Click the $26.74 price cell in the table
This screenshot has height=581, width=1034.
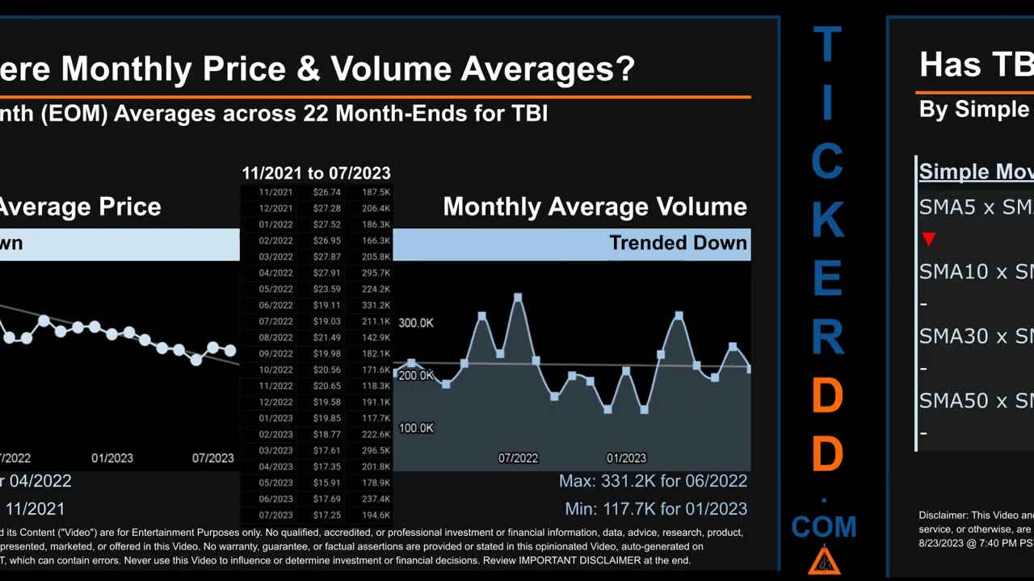pyautogui.click(x=327, y=192)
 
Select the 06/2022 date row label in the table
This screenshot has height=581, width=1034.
pyautogui.click(x=275, y=305)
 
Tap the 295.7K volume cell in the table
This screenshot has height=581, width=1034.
pyautogui.click(x=376, y=273)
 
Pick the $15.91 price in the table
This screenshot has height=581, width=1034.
pyautogui.click(x=327, y=483)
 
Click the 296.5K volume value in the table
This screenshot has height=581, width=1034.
pyautogui.click(x=376, y=450)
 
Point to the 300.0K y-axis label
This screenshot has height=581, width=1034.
pyautogui.click(x=416, y=323)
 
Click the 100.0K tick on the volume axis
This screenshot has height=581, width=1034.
pyautogui.click(x=416, y=428)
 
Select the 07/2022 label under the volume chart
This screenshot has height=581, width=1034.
pyautogui.click(x=518, y=458)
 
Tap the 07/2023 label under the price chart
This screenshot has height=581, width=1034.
pyautogui.click(x=212, y=458)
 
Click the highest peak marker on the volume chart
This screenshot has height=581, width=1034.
pyautogui.click(x=518, y=298)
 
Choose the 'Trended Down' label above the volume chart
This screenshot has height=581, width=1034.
pyautogui.click(x=678, y=243)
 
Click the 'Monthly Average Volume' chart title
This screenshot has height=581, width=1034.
pyautogui.click(x=595, y=207)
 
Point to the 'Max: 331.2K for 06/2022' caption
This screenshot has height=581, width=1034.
pyautogui.click(x=653, y=481)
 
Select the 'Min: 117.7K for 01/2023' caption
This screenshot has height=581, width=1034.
pyautogui.click(x=656, y=509)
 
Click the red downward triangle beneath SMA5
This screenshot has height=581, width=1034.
pyautogui.click(x=929, y=239)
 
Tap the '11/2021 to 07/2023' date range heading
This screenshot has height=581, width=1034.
pyautogui.click(x=316, y=173)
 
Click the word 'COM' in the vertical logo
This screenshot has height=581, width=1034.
pyautogui.click(x=824, y=527)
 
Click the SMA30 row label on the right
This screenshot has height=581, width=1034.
pyautogui.click(x=953, y=336)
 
